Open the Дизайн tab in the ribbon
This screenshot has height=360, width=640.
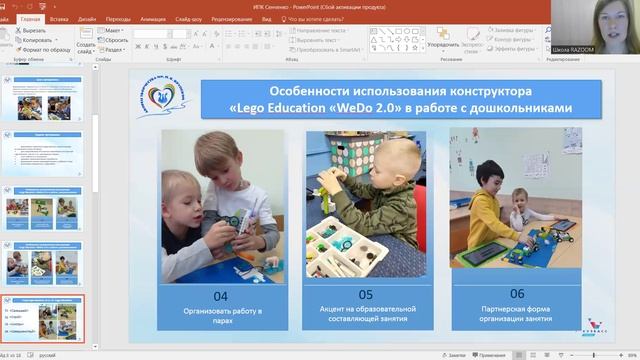point(86,19)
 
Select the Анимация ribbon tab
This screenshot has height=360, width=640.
point(154,19)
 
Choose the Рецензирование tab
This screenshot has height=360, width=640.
point(231,19)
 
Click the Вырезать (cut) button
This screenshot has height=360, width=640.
point(40,31)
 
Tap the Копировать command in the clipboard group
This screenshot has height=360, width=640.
point(42,40)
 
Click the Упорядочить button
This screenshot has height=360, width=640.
point(443,44)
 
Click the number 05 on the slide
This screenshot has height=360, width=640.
point(365,294)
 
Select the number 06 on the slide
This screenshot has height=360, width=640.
point(516,293)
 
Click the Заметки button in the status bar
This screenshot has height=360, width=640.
point(456,355)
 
